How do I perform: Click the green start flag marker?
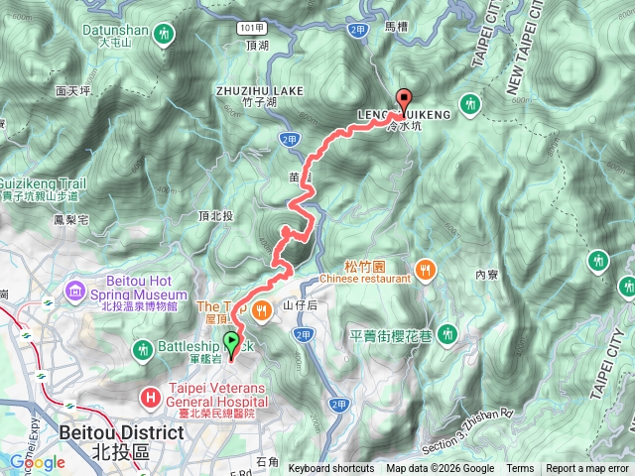click(x=232, y=343)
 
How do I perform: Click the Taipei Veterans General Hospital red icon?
click(x=150, y=398)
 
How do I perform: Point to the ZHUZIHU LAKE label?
click(x=259, y=90)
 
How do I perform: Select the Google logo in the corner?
click(x=37, y=462)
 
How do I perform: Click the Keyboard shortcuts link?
click(x=331, y=468)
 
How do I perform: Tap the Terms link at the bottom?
click(x=520, y=468)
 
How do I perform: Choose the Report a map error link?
click(x=589, y=468)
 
